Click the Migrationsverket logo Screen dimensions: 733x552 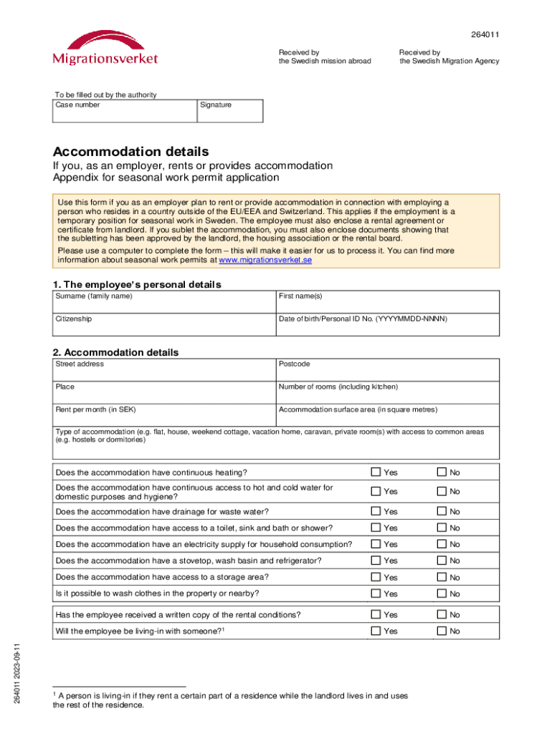(105, 47)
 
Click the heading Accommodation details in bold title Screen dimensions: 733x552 (131, 152)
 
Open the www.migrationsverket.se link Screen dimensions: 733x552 (265, 261)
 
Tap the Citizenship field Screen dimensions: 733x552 (163, 324)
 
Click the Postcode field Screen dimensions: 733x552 (387, 369)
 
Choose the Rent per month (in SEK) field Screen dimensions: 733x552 (163, 415)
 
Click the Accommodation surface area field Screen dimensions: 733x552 (387, 415)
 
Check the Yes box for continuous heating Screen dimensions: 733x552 (376, 472)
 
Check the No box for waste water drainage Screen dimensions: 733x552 (442, 512)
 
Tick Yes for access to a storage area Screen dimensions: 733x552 (376, 577)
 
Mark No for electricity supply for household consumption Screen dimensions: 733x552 (442, 544)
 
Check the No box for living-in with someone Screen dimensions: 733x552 (442, 631)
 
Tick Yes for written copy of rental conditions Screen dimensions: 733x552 (376, 614)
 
